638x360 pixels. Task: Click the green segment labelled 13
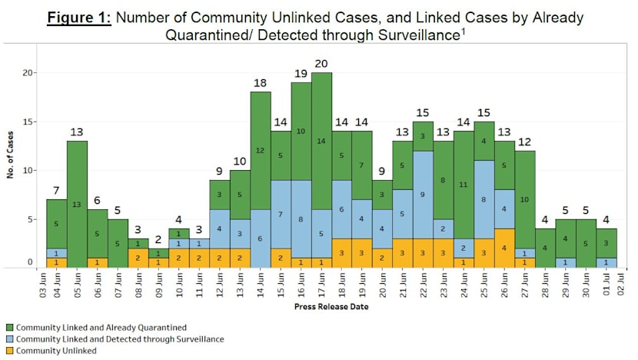coord(77,204)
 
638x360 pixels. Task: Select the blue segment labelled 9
coord(422,195)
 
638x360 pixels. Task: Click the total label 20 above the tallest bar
coord(321,63)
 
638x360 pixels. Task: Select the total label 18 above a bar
coord(261,82)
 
